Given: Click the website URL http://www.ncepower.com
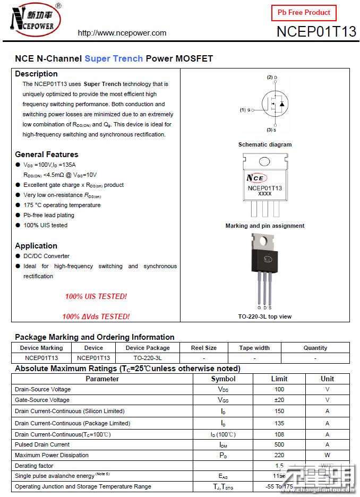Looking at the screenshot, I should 122,33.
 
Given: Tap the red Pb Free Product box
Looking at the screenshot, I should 304,13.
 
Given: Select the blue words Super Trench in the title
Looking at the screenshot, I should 114,58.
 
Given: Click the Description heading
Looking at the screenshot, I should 36,74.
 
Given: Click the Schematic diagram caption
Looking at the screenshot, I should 265,144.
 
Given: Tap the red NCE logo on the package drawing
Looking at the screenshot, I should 257,178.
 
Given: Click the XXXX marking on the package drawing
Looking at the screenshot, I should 264,194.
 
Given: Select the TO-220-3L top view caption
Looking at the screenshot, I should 265,316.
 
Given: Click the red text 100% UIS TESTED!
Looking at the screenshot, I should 96,296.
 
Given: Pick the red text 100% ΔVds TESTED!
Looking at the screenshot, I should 96,316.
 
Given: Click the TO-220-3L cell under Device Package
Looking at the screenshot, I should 148,358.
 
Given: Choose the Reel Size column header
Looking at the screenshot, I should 204,348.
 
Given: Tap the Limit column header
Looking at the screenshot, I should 279,379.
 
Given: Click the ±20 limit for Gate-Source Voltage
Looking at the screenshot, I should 279,400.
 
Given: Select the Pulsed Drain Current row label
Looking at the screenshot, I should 42,444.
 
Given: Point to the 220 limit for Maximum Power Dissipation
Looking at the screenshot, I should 279,455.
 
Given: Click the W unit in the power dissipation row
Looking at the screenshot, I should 327,455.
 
